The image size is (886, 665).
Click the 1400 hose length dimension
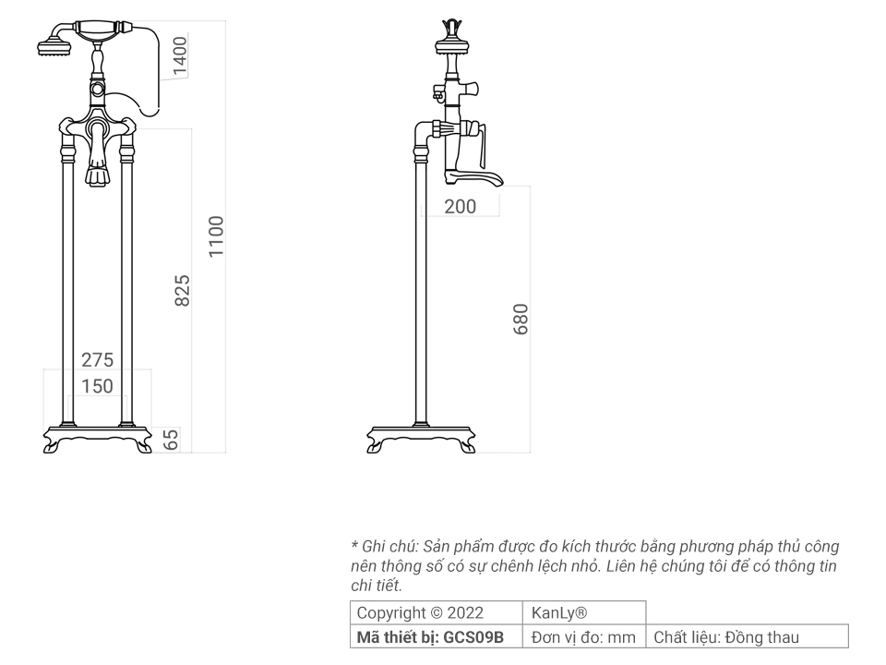pyautogui.click(x=180, y=54)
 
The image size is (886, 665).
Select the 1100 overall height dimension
pyautogui.click(x=216, y=236)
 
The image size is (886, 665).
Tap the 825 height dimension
pyautogui.click(x=182, y=290)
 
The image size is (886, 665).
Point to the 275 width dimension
pyautogui.click(x=97, y=360)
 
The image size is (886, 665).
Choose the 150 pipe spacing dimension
pyautogui.click(x=97, y=386)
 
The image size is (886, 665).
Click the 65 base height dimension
pyautogui.click(x=171, y=440)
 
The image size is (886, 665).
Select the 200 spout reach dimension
pyautogui.click(x=461, y=206)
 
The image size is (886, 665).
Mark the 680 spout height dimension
pyautogui.click(x=521, y=319)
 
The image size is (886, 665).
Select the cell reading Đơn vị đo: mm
pyautogui.click(x=585, y=636)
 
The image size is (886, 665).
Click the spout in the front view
pyautogui.click(x=97, y=171)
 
